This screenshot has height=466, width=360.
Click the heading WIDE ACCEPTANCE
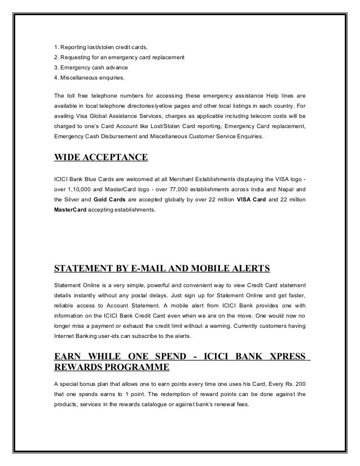[x=100, y=156]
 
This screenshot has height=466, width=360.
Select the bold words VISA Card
[x=238, y=200]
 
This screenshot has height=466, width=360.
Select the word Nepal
[x=284, y=190]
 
